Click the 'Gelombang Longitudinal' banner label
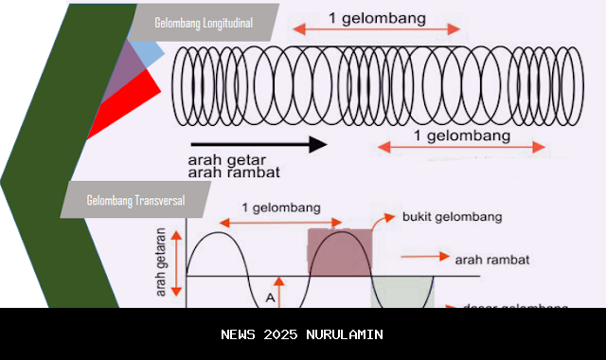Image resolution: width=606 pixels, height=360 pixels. (209, 23)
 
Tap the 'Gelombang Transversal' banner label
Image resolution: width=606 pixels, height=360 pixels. (135, 201)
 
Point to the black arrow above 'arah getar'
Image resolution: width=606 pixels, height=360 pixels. (257, 145)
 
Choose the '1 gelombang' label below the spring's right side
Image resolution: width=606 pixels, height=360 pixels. (462, 136)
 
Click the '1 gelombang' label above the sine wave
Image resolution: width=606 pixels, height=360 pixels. (280, 207)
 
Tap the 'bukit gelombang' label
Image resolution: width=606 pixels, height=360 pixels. (452, 217)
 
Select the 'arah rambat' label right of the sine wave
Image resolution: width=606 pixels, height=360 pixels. (491, 258)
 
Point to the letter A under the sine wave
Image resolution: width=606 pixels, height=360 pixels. (270, 297)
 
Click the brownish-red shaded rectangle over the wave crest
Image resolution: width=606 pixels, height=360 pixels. (340, 252)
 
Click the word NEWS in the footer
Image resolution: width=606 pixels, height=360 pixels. (239, 334)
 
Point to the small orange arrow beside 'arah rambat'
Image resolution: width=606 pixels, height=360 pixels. (423, 257)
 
